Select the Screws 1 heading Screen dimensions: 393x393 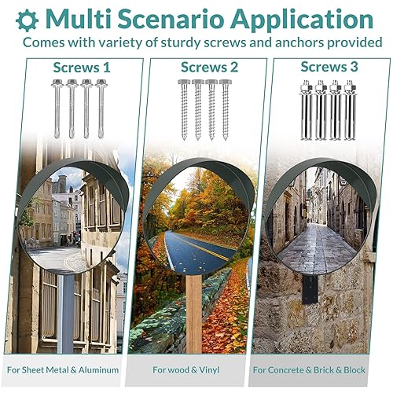tap(77, 68)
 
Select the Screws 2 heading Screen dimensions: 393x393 tap(209, 68)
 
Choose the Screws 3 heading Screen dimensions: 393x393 tap(329, 68)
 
